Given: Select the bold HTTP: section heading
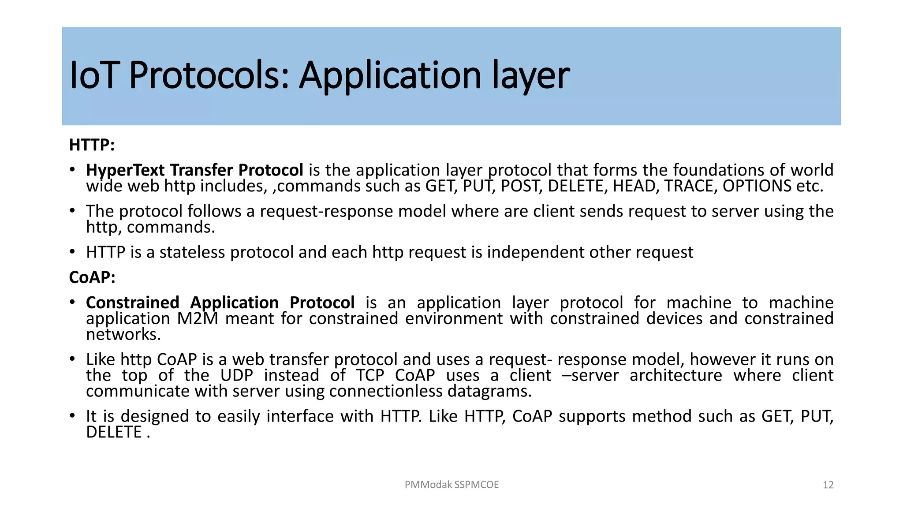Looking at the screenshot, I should coord(92,145).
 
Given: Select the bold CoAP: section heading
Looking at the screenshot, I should coord(92,277).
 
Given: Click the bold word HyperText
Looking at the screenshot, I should coord(125,170).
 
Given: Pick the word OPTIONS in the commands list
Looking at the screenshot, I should coord(757,186).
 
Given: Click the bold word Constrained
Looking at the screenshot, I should coord(132,303).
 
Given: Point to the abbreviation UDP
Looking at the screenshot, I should coord(237,376).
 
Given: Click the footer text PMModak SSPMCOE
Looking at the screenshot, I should coord(451,485).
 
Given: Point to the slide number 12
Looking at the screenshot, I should coord(828,485).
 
